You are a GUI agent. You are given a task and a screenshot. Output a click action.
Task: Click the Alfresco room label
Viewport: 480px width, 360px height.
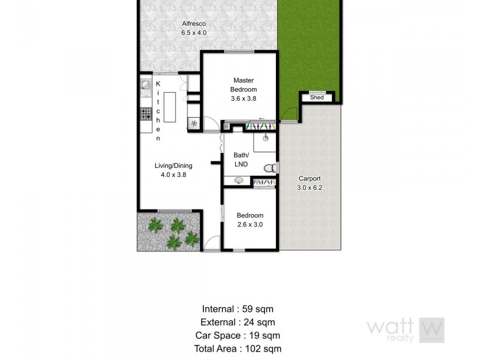tap(194, 24)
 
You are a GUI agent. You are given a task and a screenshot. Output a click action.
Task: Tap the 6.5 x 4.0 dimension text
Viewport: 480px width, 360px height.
tap(194, 32)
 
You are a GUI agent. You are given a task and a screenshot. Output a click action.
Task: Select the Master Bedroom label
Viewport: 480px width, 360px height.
tap(244, 85)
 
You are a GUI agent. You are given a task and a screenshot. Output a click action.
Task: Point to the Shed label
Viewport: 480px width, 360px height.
tap(317, 97)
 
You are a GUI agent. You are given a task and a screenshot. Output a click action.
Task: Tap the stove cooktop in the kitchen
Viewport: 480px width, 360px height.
tap(146, 113)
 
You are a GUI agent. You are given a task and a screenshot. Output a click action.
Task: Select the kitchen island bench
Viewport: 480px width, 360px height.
tap(170, 107)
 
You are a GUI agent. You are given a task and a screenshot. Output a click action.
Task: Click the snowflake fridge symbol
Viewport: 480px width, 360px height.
tap(194, 124)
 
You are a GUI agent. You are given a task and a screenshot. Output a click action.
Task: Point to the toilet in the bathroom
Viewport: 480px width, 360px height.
tap(271, 167)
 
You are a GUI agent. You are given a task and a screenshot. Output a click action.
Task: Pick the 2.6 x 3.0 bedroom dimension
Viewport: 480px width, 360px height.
tap(250, 224)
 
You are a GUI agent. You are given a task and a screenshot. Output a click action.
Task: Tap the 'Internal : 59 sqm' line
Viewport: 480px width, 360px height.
tap(238, 310)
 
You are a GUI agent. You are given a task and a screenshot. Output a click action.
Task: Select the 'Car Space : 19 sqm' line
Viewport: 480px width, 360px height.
tap(238, 335)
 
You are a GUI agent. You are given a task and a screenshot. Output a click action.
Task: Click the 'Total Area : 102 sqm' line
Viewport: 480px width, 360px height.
tap(238, 348)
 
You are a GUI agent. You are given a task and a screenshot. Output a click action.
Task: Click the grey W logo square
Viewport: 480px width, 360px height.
tap(431, 330)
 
